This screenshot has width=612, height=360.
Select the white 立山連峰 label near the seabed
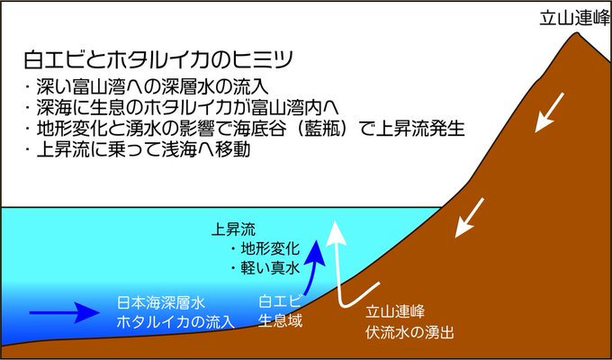pyautogui.click(x=394, y=311)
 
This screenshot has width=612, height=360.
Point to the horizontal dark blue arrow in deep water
pyautogui.click(x=64, y=314)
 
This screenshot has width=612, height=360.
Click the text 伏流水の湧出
pyautogui.click(x=409, y=331)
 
